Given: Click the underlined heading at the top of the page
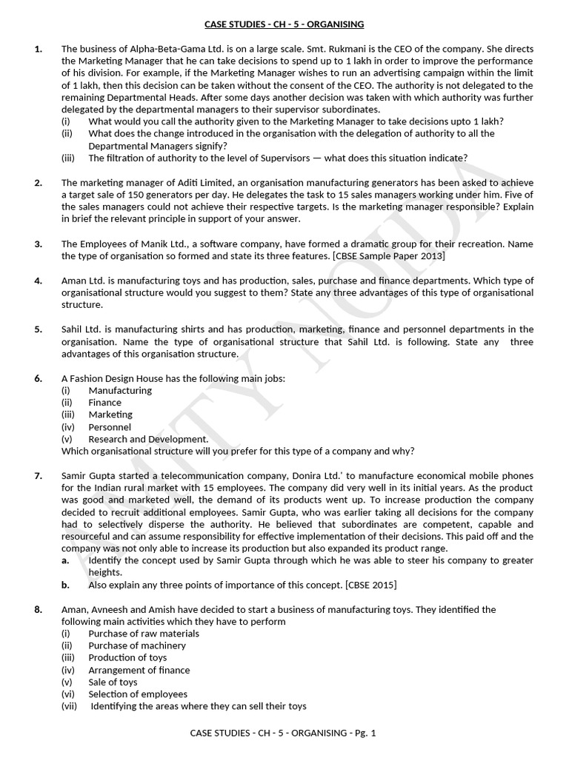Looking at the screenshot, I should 284,24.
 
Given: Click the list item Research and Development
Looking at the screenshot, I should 148,439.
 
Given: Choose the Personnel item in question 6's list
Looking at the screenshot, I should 110,427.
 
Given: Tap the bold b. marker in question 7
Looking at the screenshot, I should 65,585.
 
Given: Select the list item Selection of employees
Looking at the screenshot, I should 138,694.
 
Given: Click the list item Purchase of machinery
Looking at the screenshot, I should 137,645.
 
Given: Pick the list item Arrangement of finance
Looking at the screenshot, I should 139,670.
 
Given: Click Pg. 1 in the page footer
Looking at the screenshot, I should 365,733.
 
